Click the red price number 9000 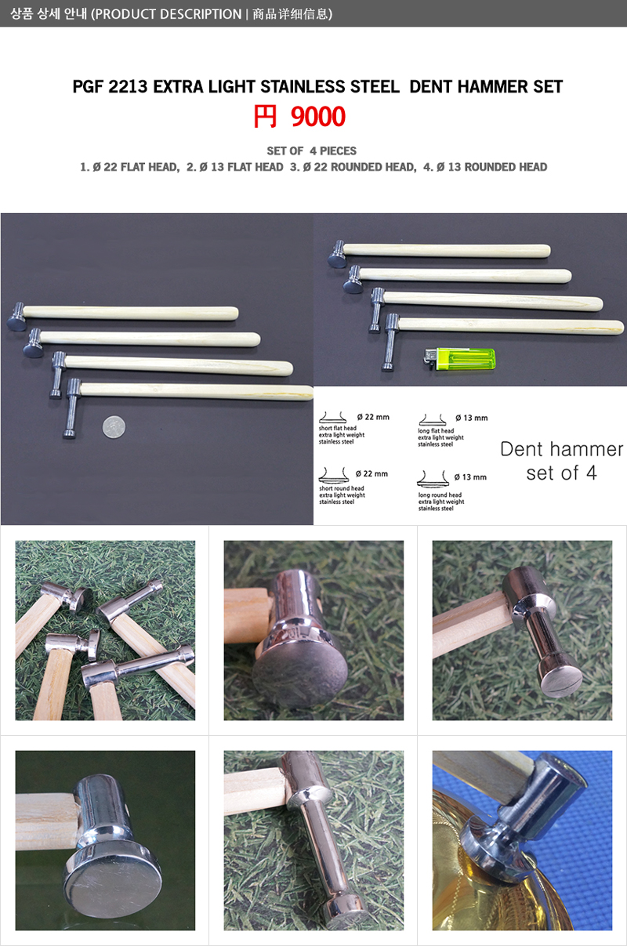[318, 117]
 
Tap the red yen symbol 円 [265, 117]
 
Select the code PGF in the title [89, 86]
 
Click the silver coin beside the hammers [114, 427]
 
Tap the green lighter [460, 360]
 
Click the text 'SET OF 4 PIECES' [312, 150]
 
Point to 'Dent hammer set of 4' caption [561, 461]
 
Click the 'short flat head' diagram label [337, 428]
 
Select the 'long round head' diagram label [440, 495]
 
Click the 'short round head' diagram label [341, 488]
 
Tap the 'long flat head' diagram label [436, 431]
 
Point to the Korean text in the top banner [48, 14]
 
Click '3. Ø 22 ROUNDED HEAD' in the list [353, 167]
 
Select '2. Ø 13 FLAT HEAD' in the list [235, 167]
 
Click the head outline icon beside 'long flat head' [433, 420]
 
